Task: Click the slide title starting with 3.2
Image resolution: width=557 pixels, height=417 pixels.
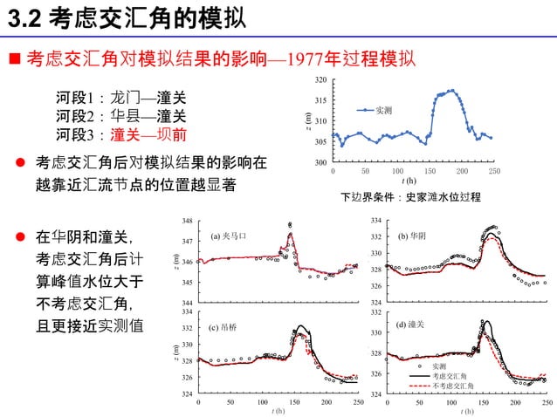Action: click(122, 17)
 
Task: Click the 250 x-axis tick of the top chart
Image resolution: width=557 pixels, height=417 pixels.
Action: click(494, 171)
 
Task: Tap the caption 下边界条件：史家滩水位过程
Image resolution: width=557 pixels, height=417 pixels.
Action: click(410, 197)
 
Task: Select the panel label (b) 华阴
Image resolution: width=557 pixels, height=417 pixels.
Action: click(412, 236)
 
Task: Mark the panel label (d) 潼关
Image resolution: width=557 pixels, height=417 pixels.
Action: click(409, 325)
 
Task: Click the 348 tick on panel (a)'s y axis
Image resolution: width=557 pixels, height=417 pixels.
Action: click(187, 220)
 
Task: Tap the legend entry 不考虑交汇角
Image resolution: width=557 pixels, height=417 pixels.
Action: click(453, 386)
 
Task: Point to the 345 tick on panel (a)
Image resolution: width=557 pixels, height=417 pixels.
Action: click(187, 283)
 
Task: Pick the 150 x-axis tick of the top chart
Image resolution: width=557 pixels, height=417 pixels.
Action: click(430, 171)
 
